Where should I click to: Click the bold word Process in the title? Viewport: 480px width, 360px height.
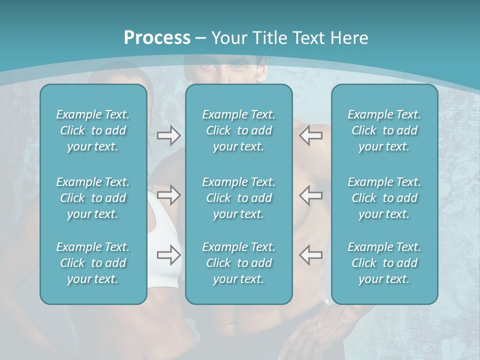[157, 38]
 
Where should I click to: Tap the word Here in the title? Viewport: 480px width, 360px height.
[349, 38]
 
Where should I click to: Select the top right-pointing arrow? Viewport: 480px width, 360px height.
[168, 135]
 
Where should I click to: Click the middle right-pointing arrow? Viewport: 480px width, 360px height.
[168, 195]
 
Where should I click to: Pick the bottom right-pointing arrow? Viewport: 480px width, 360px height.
[168, 255]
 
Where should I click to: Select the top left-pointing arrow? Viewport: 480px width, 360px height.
[311, 135]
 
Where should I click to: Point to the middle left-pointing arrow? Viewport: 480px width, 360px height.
[311, 195]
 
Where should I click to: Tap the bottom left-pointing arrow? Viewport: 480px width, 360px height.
[311, 255]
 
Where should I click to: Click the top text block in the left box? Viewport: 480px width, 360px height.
[93, 130]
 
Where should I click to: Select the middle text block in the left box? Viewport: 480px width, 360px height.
[93, 197]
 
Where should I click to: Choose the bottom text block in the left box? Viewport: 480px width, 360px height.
[93, 263]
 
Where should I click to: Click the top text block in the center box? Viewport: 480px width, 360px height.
[238, 130]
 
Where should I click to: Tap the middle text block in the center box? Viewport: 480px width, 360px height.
[238, 197]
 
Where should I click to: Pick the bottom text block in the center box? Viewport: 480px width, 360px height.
[238, 263]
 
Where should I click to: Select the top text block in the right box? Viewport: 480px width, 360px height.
[384, 130]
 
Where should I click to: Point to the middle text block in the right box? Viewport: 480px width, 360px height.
[384, 197]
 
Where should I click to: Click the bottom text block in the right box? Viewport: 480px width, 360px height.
[384, 263]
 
